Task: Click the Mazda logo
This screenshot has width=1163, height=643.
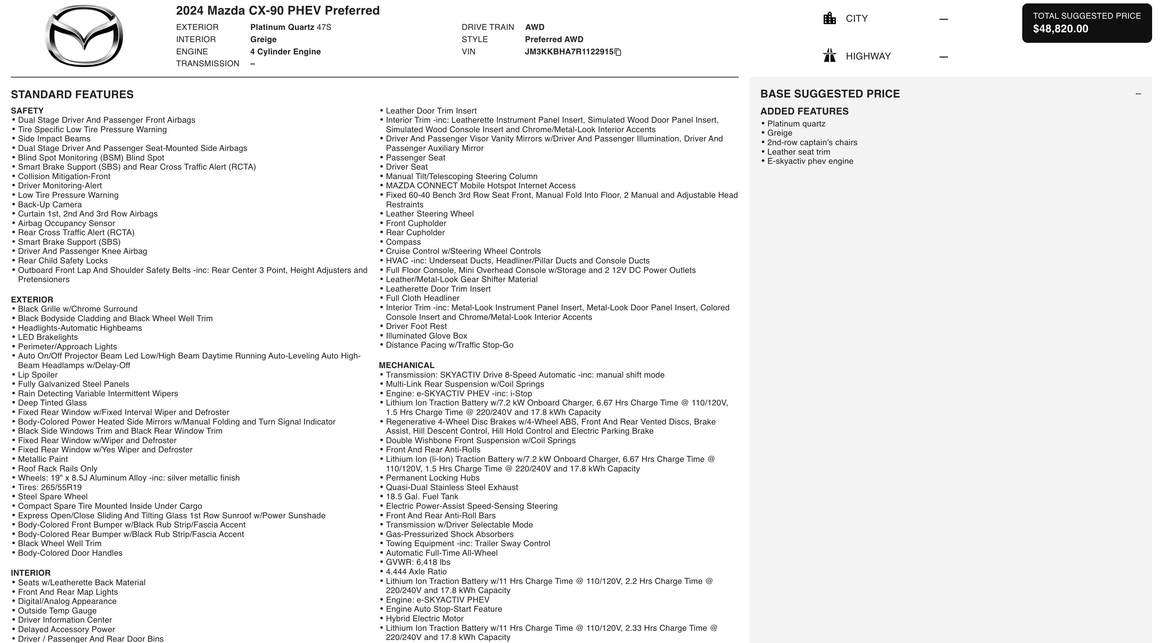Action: click(84, 36)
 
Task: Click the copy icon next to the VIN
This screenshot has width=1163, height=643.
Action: click(618, 52)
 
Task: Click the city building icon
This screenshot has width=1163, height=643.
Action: click(829, 18)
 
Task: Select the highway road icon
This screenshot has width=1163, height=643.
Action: click(829, 56)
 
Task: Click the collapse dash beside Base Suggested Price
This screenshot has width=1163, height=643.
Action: click(1138, 94)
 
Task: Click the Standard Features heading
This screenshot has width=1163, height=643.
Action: click(72, 94)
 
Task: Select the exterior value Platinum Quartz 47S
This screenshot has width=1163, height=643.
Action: click(290, 27)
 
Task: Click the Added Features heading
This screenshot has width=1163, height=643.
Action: click(804, 111)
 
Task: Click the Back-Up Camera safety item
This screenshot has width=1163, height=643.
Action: click(50, 204)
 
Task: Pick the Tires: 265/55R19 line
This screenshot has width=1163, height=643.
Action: click(50, 487)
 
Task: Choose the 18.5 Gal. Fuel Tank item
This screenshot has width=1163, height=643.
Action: click(422, 496)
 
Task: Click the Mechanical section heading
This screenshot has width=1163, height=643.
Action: click(406, 365)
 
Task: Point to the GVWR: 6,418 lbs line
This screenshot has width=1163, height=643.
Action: click(418, 562)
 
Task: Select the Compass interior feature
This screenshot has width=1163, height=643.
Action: click(403, 242)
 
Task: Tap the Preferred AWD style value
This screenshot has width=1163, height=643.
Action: click(554, 39)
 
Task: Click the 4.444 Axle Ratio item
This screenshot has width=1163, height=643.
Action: click(416, 572)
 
